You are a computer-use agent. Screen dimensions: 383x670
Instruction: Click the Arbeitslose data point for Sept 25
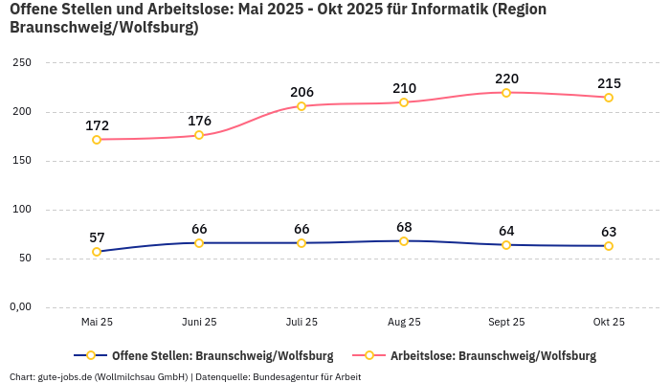[506, 93]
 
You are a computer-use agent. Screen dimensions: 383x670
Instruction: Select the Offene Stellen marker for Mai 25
[97, 252]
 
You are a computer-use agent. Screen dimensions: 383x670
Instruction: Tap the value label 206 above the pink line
[301, 92]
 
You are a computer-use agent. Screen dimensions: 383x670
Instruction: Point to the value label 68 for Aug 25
[404, 227]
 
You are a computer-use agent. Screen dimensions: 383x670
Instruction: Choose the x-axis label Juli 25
[301, 322]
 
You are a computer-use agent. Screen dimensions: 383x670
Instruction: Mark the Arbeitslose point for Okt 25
[609, 98]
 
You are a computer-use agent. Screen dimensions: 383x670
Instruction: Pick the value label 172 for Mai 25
[97, 125]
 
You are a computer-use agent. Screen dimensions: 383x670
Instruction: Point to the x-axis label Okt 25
[609, 322]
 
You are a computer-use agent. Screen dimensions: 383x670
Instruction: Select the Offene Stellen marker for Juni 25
[199, 243]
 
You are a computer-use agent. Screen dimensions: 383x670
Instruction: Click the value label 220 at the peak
[506, 79]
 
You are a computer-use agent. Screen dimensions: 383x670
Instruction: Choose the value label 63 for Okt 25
[609, 232]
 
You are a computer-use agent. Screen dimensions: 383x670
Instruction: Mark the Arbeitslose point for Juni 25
[199, 135]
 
